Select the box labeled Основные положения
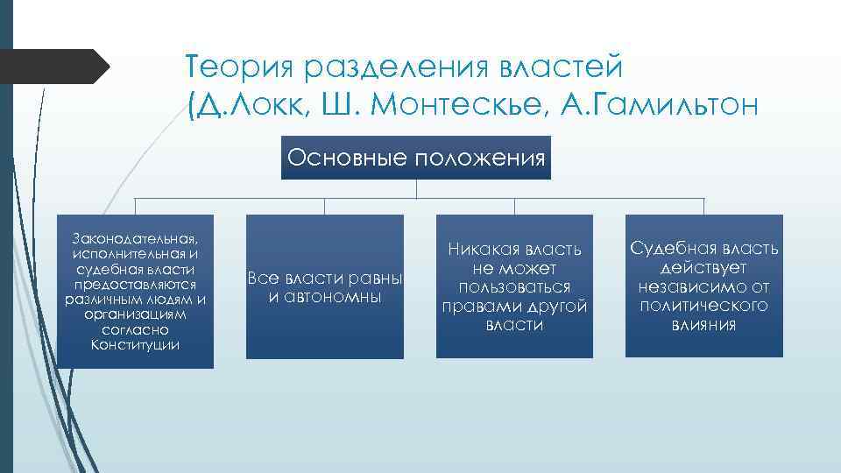coord(416,158)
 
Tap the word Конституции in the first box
coord(135,344)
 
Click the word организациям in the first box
coord(135,314)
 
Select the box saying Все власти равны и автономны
coord(325,287)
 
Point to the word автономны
coord(325,297)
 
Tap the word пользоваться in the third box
coord(514,287)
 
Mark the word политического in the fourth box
coord(703,305)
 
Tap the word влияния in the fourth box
coord(703,324)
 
